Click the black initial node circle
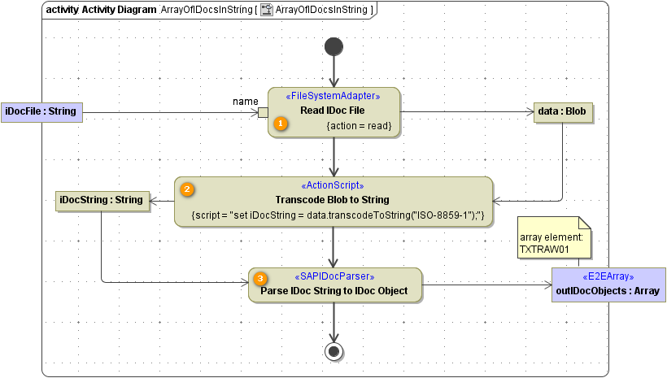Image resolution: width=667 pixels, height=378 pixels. pos(333,46)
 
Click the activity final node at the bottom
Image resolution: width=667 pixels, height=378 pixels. pos(333,351)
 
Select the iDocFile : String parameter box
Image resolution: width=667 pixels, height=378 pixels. pos(41,111)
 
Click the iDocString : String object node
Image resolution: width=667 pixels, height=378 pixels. pos(101,200)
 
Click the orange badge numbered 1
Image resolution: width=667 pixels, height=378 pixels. pos(281,124)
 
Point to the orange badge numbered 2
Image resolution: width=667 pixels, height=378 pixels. pos(187,189)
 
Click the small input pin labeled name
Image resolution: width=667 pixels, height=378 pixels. pos(263,112)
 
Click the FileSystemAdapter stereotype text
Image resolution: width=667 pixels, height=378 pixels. pos(334,96)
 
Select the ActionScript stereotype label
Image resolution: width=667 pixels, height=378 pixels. pos(333,185)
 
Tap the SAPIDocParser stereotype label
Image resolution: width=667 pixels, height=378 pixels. pos(335,276)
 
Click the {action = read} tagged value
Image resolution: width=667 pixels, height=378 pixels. pos(359,126)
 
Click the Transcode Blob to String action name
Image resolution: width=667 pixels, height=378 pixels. pos(333,200)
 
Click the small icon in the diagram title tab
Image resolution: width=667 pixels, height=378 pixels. pos(266,10)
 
